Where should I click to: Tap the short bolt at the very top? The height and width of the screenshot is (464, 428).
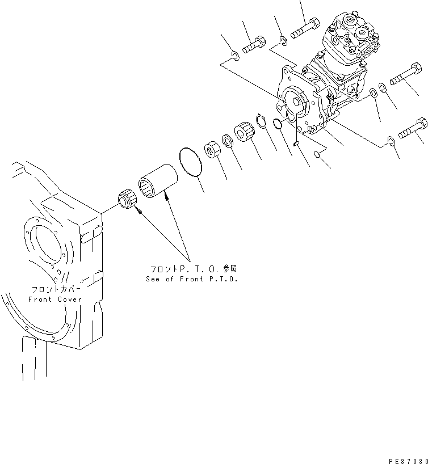coord(305,29)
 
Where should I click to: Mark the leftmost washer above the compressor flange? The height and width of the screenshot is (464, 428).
coord(234,55)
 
